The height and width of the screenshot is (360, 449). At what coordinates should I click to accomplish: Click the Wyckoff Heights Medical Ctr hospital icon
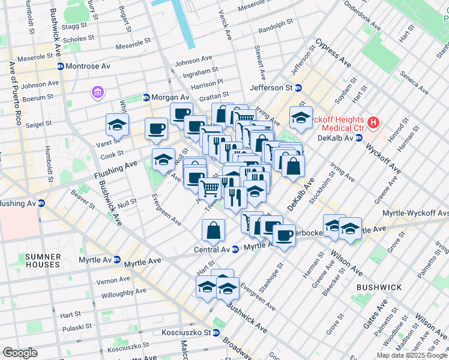pos(374,123)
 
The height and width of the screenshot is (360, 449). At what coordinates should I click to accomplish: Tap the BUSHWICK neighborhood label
pos(379,287)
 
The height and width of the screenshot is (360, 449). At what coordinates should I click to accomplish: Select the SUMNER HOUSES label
pos(43,260)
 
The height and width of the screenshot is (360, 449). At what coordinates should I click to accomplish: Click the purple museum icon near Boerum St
pos(97,92)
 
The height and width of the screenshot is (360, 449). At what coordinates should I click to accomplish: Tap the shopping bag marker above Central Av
pos(214,229)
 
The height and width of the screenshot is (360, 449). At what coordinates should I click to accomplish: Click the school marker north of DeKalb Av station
pos(301,118)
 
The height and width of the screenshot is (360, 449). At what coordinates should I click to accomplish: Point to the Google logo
pos(20,353)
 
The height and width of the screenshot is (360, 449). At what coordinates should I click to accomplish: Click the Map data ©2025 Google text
pos(412,355)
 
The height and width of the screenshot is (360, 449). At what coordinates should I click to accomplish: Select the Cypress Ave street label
pos(333,53)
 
